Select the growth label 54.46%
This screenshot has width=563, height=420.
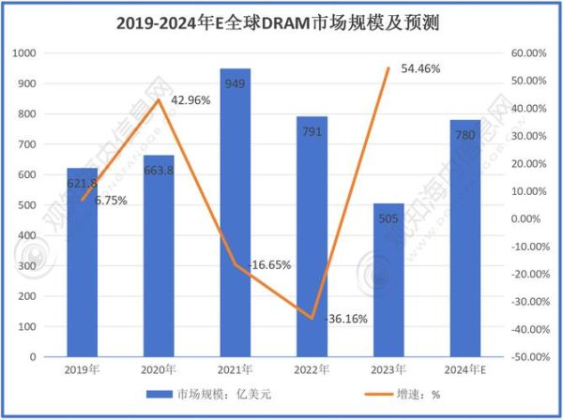(418, 68)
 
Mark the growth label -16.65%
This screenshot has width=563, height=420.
(269, 265)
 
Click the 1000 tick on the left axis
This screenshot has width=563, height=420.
(28, 53)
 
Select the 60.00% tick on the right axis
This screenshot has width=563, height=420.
(528, 53)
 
